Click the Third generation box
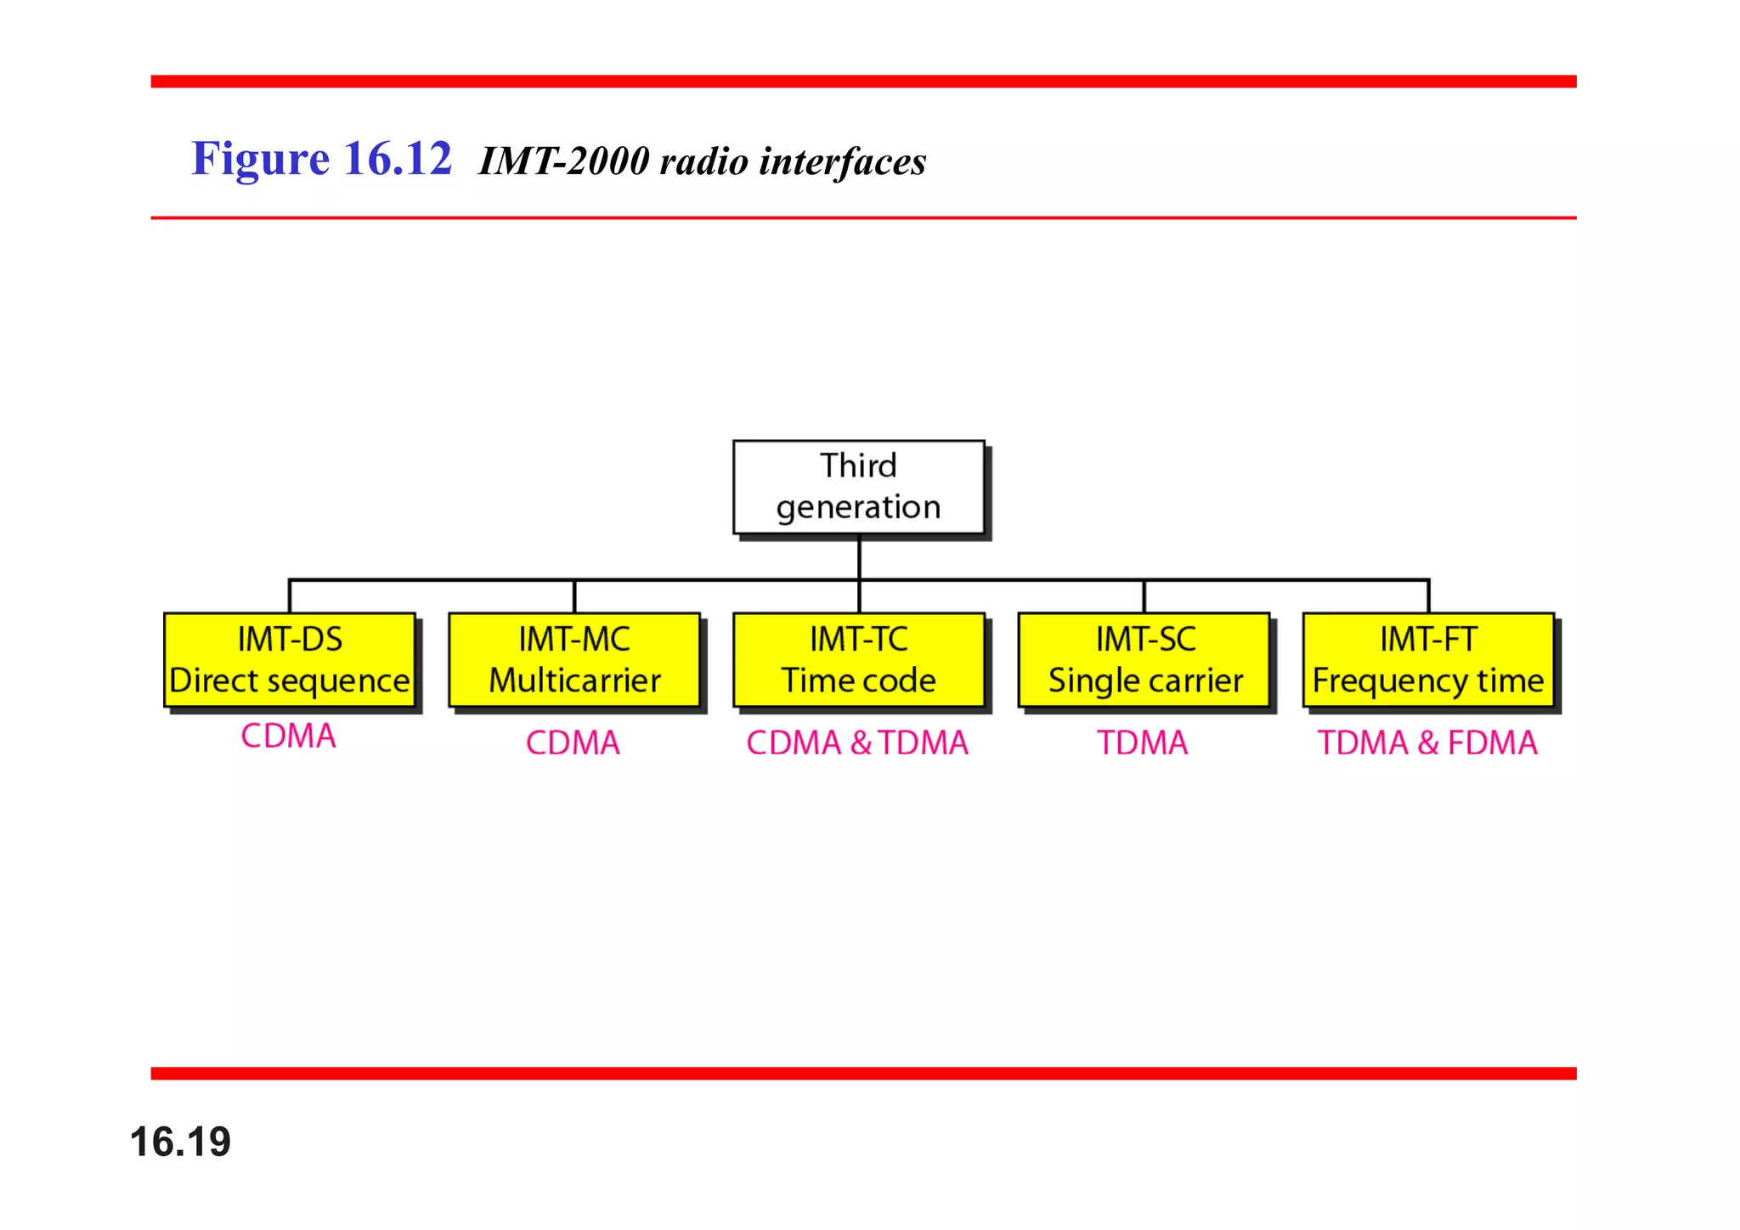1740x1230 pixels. [x=858, y=487]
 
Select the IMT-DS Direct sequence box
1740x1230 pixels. [x=290, y=660]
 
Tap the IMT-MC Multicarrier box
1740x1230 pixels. [x=574, y=660]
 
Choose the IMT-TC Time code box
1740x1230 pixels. [x=859, y=660]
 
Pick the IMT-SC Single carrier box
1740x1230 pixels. [x=1144, y=660]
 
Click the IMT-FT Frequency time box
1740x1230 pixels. [x=1428, y=660]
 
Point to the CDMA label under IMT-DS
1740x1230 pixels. [x=289, y=736]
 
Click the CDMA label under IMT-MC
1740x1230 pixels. [x=573, y=743]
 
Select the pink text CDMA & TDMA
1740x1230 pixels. [x=857, y=743]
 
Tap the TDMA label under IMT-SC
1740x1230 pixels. [x=1143, y=743]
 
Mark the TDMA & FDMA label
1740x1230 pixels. [x=1427, y=743]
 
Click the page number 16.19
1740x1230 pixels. [x=180, y=1142]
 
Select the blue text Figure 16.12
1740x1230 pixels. [x=321, y=159]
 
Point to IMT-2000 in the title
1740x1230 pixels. [x=564, y=161]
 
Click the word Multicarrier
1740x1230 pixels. [x=574, y=680]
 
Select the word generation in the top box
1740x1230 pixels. [x=858, y=508]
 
